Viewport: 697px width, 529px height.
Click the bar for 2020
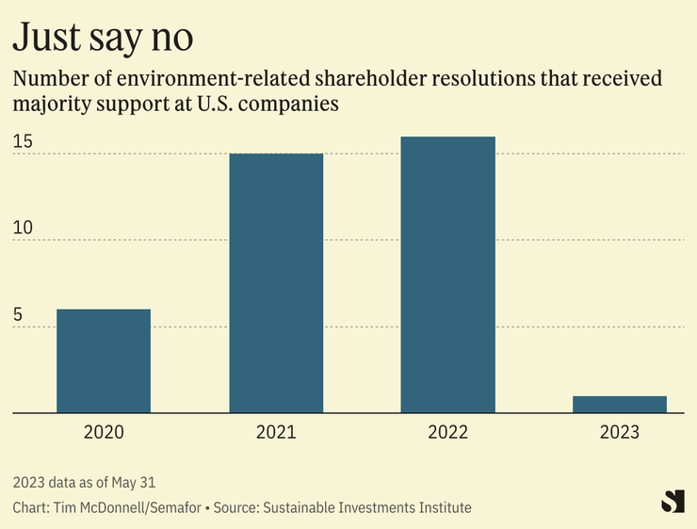pos(104,361)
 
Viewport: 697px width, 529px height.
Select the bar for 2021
pos(276,282)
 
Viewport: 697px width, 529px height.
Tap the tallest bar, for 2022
pos(447,275)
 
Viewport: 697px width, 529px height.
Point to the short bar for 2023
pos(620,405)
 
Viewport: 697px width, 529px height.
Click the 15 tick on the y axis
pos(24,142)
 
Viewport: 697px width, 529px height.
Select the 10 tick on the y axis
pos(24,229)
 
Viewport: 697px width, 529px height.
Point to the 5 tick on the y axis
pos(19,315)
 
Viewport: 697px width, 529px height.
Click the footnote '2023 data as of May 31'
pos(85,483)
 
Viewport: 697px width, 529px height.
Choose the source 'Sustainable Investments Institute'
pos(367,507)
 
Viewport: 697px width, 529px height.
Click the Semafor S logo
pos(673,501)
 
